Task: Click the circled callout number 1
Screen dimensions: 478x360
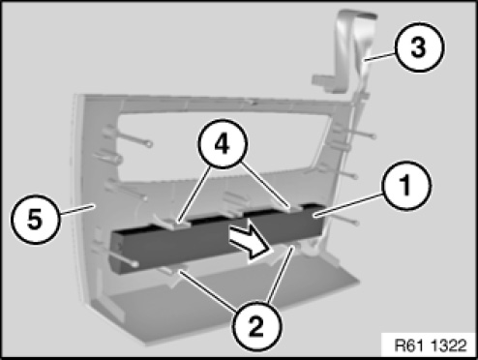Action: point(406,186)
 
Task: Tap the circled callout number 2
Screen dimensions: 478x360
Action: point(256,326)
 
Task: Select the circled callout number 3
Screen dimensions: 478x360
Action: point(418,47)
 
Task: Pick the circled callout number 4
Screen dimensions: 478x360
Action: point(223,144)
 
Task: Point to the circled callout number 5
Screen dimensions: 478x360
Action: point(35,220)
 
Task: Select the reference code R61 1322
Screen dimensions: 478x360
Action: point(431,345)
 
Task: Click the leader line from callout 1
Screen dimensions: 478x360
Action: point(350,205)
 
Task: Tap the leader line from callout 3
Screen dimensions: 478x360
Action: point(379,56)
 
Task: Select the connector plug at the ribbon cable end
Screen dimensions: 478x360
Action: point(323,81)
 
